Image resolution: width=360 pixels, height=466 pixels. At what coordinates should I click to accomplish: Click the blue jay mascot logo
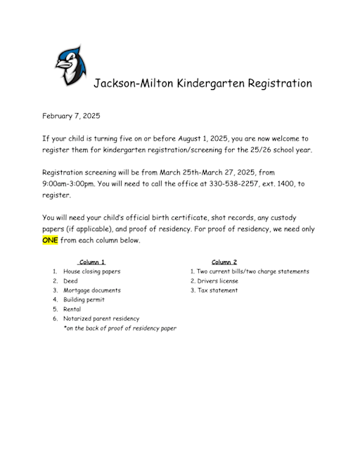(71, 65)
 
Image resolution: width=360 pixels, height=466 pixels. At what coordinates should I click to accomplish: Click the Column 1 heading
(92, 262)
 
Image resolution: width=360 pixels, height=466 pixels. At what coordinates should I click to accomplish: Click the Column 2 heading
(224, 262)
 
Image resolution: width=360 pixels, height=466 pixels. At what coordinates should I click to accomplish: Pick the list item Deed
(70, 280)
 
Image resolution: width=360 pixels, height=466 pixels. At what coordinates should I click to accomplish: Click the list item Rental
(72, 309)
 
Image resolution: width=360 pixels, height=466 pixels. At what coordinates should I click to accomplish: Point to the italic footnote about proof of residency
(120, 328)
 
